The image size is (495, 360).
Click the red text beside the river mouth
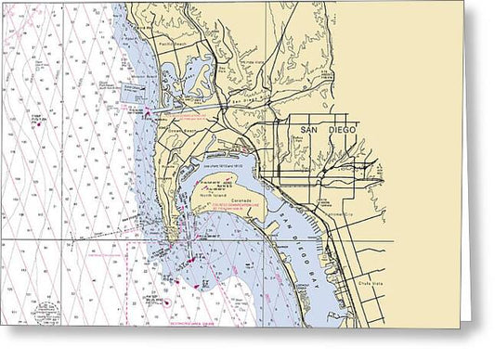point(194,118)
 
